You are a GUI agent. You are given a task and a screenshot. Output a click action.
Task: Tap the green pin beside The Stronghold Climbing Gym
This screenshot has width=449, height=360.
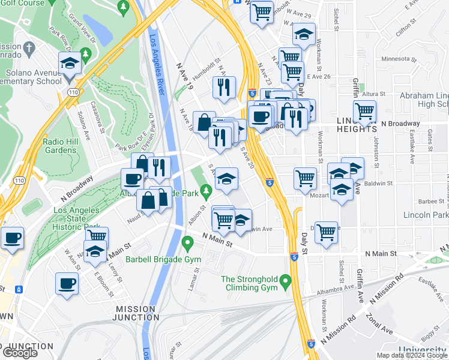tap(286, 280)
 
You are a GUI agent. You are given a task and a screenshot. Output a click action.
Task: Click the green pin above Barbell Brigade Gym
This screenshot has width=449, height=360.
tap(187, 244)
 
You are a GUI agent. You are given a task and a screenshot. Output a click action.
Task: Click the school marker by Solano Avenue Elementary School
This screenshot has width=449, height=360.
tap(70, 64)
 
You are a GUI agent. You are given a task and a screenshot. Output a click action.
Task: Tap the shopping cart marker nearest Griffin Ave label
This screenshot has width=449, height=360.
tap(364, 110)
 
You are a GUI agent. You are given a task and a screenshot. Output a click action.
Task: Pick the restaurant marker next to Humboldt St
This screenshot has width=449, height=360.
tap(224, 88)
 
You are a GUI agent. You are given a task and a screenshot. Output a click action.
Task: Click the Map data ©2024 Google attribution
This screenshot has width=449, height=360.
tap(412, 355)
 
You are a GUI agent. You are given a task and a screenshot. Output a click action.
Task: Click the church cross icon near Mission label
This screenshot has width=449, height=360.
tap(29, 47)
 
